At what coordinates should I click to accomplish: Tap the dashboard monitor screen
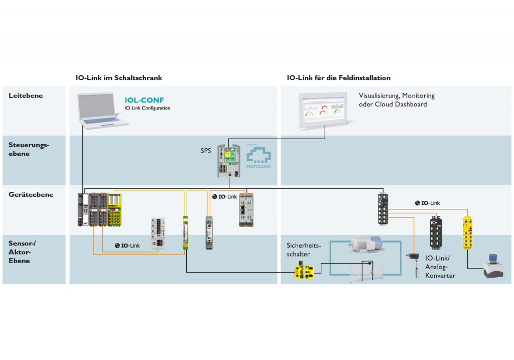coord(324,108)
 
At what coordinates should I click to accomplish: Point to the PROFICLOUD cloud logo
coord(259,157)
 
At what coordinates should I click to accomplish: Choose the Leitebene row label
coord(26,95)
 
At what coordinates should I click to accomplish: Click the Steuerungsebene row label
coord(29,149)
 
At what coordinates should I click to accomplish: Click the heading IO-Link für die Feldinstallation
coord(339,78)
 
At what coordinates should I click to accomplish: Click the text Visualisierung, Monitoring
coord(397,95)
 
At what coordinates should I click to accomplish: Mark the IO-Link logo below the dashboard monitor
coord(427,203)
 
